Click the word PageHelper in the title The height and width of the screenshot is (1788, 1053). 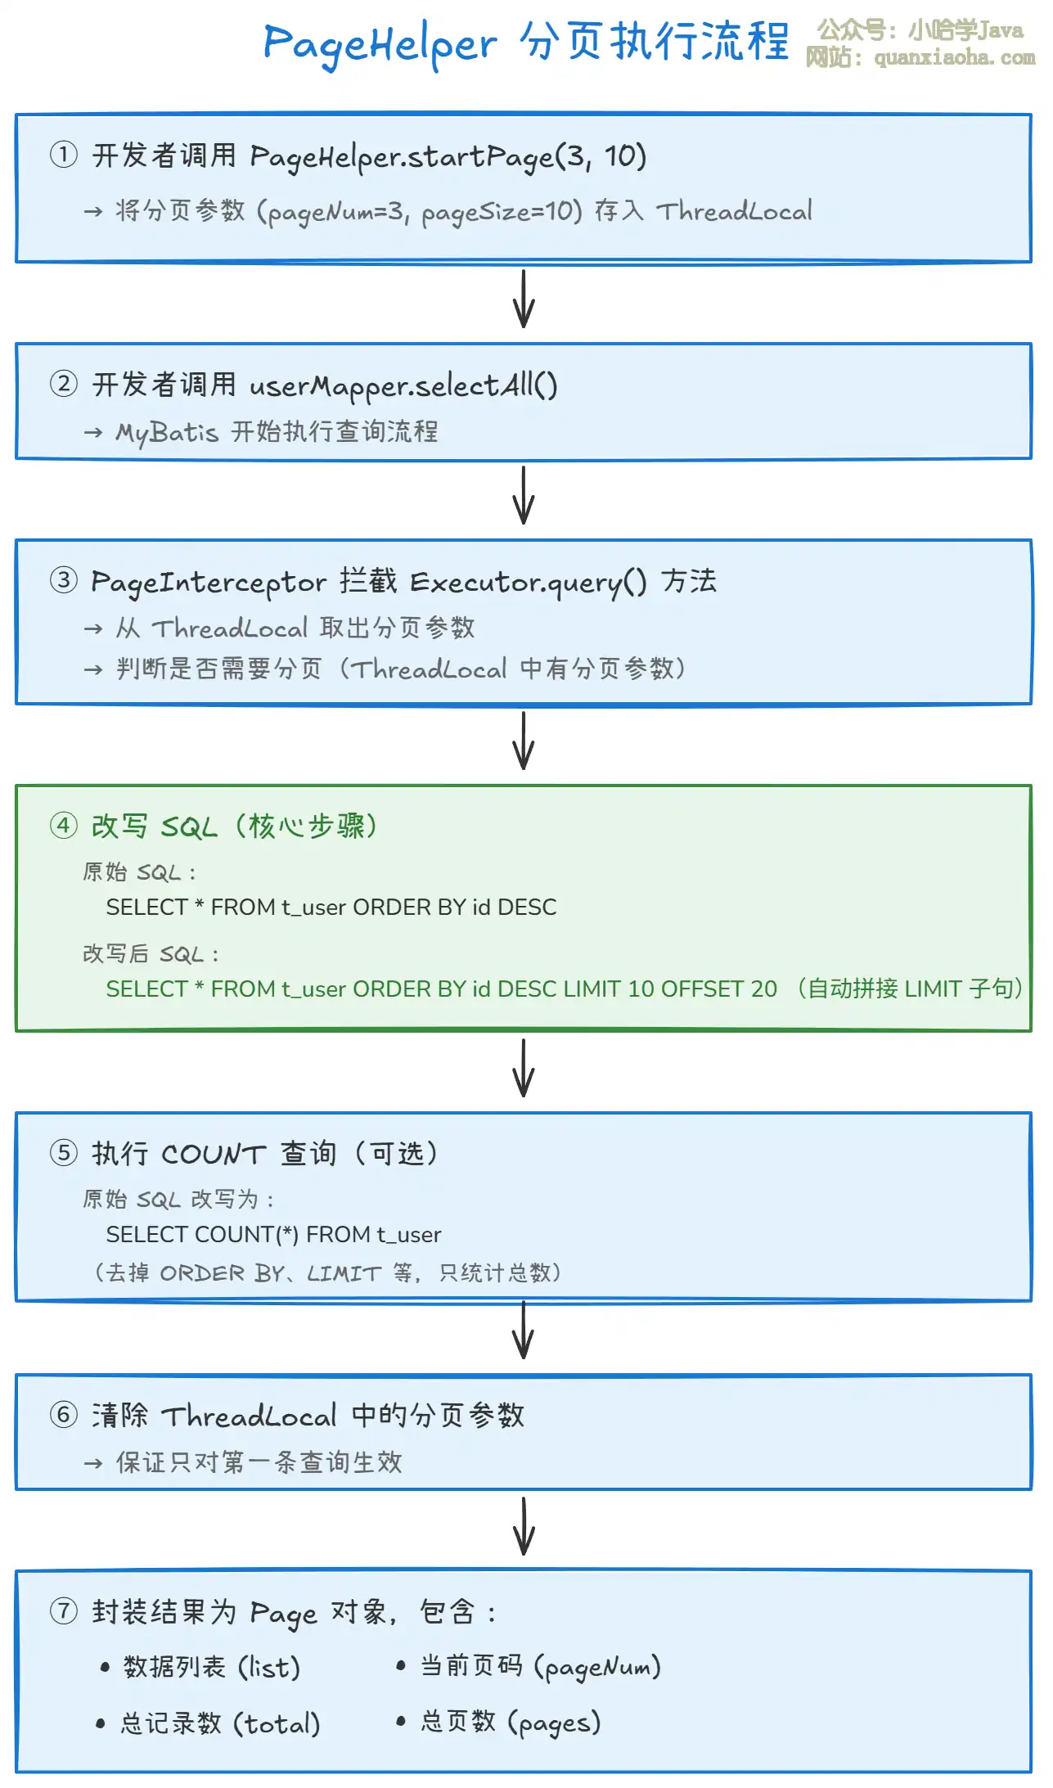[380, 44]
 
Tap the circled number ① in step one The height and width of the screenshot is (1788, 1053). [64, 155]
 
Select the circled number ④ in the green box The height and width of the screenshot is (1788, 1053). [64, 825]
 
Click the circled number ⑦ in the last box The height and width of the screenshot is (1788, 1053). [64, 1610]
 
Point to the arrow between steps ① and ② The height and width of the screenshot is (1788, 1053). [524, 300]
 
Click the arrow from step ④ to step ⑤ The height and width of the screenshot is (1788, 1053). [524, 1068]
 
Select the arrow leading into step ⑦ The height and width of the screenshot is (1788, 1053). [524, 1526]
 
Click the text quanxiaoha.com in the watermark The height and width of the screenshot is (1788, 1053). [954, 58]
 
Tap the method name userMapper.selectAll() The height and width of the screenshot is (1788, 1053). [403, 385]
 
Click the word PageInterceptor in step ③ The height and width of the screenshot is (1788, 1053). [208, 582]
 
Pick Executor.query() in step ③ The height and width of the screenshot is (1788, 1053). [528, 582]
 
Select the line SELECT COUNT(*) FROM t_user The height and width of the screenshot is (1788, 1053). [273, 1234]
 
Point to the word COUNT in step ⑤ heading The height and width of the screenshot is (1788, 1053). [214, 1154]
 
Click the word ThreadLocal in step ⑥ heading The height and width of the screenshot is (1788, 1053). [249, 1416]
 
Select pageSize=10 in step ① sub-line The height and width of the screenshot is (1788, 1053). [501, 212]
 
